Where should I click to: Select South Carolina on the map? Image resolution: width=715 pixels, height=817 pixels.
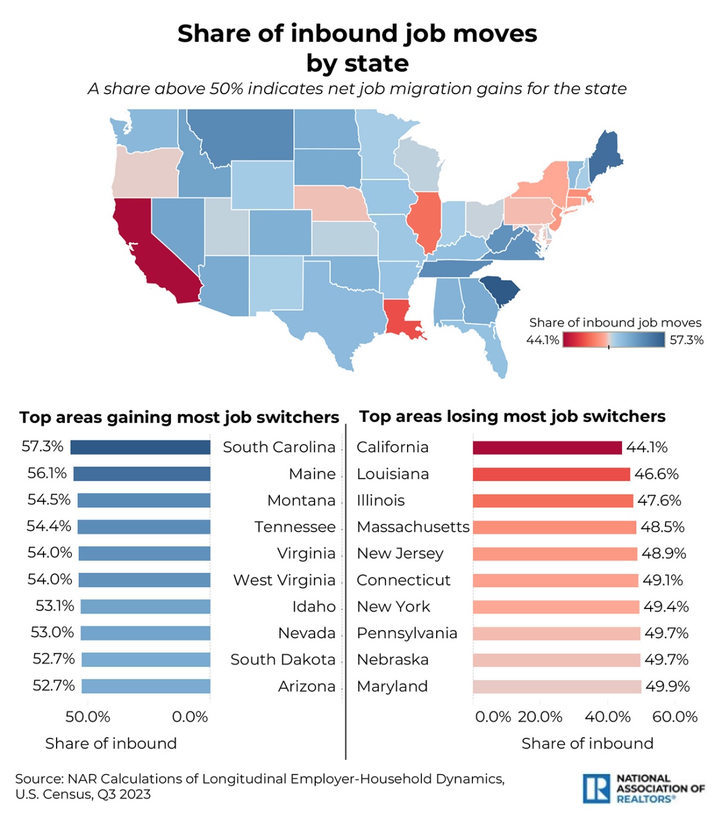tap(500, 290)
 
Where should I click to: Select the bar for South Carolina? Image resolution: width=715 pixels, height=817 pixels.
tap(140, 447)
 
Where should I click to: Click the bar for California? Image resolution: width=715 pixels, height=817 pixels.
tap(547, 448)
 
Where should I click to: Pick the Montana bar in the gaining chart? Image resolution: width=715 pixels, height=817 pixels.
tap(144, 501)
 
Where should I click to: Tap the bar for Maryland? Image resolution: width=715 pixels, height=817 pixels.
tap(557, 686)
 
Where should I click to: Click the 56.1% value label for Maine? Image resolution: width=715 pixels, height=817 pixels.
tap(47, 474)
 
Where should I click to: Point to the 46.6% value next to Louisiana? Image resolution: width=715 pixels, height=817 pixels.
tap(656, 474)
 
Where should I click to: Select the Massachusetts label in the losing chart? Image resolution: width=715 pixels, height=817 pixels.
tap(413, 527)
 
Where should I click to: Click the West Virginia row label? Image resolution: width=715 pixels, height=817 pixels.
tap(284, 580)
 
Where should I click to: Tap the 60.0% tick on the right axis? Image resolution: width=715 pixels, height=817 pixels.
tap(674, 717)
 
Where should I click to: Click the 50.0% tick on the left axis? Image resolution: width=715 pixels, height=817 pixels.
tap(88, 717)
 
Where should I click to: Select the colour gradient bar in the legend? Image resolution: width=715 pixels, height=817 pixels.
tap(614, 340)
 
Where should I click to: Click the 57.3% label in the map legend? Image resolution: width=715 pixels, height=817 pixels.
tap(686, 340)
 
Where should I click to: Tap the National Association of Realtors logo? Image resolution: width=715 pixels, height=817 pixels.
tap(643, 788)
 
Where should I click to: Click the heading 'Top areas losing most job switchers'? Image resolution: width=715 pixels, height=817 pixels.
tap(512, 417)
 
